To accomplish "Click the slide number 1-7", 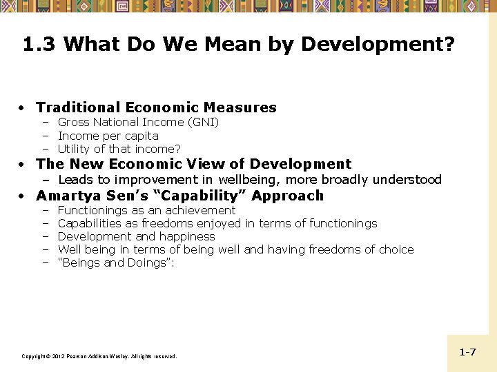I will tap(467, 352).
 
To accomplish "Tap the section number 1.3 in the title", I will tap(40, 45).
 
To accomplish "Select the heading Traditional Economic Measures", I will tap(156, 107).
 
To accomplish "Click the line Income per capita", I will tap(108, 136).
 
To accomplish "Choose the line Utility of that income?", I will tap(119, 149).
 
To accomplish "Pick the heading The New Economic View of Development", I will tap(193, 164).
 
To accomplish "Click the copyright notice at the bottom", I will tap(99, 356).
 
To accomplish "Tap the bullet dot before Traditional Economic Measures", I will tap(23, 108).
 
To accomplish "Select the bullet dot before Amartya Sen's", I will tap(23, 196).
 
